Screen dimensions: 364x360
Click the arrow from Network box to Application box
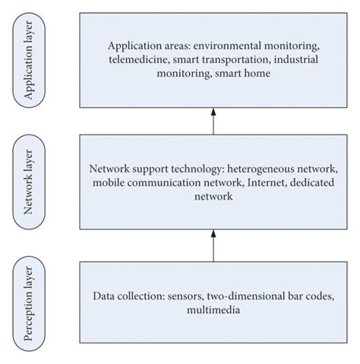213,120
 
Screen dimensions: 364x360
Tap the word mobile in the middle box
110,183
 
